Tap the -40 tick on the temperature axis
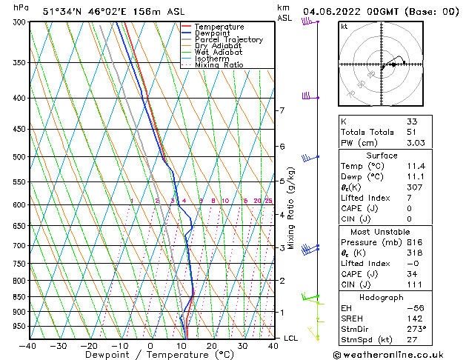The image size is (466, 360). click(28, 345)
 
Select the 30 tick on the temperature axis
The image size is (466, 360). click(242, 345)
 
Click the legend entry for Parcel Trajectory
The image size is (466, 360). click(228, 40)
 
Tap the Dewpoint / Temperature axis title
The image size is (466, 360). click(150, 355)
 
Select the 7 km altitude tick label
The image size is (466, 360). click(282, 110)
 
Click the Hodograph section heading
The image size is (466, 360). click(382, 297)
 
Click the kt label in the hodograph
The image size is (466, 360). click(344, 26)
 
